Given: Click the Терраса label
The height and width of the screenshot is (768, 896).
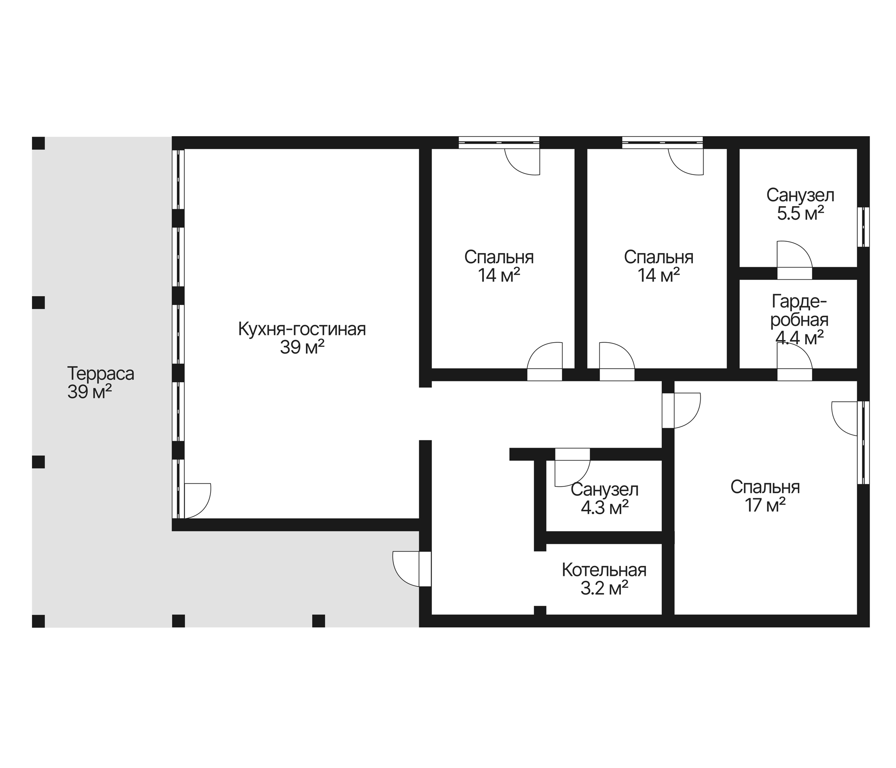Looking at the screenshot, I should click(100, 374).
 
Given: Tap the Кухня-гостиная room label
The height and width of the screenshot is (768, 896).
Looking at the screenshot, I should click(302, 329).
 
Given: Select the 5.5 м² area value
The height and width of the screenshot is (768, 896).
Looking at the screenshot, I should click(800, 214).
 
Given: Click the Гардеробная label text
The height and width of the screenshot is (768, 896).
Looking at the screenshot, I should click(799, 311).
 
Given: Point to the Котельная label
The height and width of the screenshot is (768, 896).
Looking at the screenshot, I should click(604, 570).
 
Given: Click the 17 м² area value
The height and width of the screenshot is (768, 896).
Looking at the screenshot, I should click(765, 505).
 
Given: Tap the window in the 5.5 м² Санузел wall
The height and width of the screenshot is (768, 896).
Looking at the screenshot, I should click(863, 227).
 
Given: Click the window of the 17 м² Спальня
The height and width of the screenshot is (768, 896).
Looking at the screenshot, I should click(863, 442).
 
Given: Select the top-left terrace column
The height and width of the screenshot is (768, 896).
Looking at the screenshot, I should click(38, 143).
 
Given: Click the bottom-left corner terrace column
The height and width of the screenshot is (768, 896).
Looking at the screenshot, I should click(38, 621).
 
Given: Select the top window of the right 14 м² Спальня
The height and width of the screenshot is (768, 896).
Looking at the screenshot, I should click(662, 143).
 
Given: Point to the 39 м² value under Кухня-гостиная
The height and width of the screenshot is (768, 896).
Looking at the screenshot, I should click(302, 347).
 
